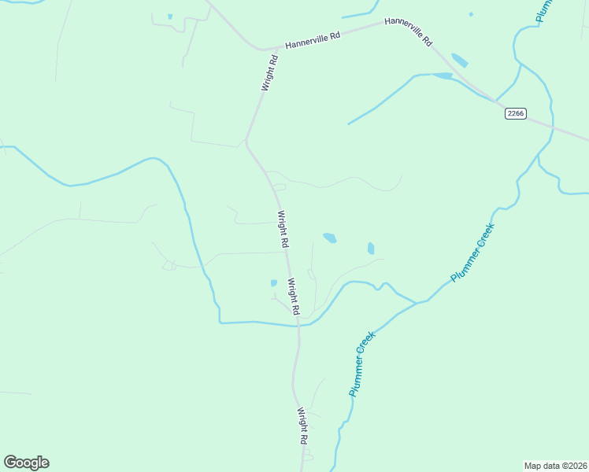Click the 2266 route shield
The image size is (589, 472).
click(516, 114)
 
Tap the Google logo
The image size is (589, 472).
click(26, 463)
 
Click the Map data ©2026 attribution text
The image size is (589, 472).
click(555, 466)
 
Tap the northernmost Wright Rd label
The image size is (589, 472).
click(269, 72)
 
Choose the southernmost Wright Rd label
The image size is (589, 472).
click(302, 426)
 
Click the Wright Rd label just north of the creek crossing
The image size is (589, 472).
click(294, 297)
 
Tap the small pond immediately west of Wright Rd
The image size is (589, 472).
click(274, 283)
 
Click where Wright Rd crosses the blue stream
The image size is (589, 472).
click(298, 324)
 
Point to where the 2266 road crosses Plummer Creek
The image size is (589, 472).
click(553, 127)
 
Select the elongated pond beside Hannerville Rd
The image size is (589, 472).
click(459, 61)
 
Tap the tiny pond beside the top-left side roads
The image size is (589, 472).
click(169, 17)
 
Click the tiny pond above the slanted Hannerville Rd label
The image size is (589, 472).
click(471, 14)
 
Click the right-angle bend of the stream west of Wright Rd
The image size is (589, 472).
click(220, 322)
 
